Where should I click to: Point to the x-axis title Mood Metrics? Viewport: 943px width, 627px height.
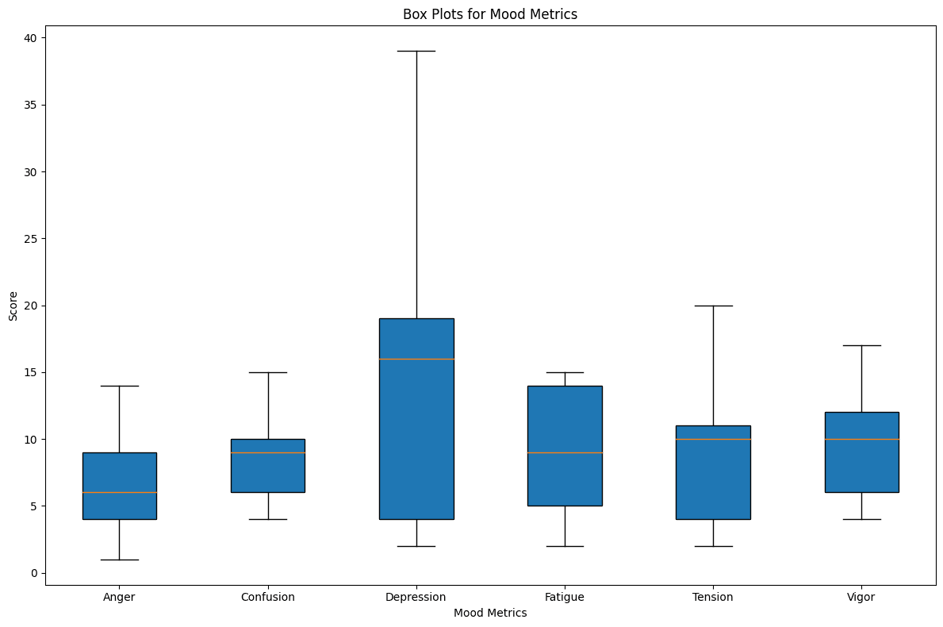(x=490, y=613)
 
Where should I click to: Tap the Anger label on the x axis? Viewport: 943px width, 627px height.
(x=119, y=597)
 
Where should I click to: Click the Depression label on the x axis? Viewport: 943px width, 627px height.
(x=416, y=597)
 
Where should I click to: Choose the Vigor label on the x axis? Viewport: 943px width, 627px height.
(x=861, y=597)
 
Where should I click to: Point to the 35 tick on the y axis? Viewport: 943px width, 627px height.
(x=33, y=105)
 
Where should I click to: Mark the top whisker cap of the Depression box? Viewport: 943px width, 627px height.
(x=416, y=51)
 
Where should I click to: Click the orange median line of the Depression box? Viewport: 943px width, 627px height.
(x=416, y=359)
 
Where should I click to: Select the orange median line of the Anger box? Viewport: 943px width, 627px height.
(x=119, y=493)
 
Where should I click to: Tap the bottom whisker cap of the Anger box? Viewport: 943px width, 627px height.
(x=119, y=560)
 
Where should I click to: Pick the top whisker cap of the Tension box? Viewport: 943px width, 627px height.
(x=713, y=306)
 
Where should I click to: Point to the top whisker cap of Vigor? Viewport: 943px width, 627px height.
(x=861, y=345)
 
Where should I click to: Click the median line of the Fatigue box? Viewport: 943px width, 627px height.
(x=565, y=452)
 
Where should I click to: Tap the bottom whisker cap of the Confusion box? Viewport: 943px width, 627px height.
(x=268, y=519)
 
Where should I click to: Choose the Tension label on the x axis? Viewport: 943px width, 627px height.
(x=713, y=597)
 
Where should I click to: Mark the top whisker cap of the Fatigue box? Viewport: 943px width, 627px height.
(x=565, y=372)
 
